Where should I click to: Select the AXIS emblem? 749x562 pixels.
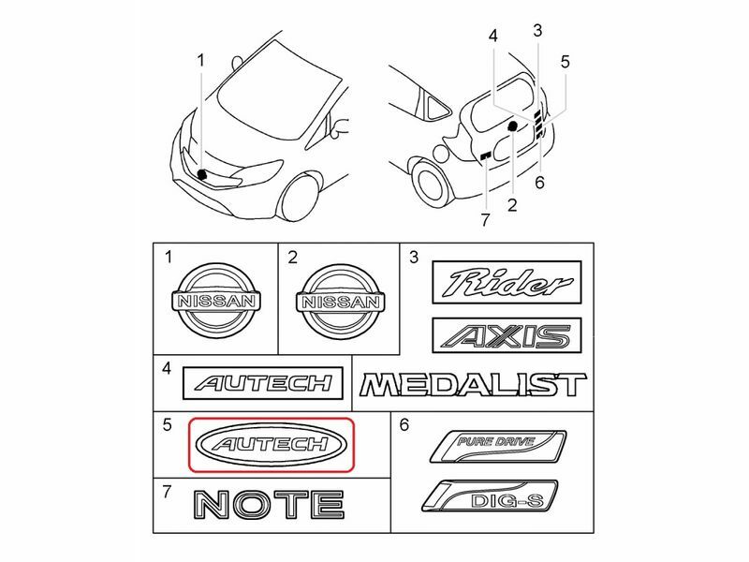pos(507,335)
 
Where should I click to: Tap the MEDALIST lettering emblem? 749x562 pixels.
pos(473,385)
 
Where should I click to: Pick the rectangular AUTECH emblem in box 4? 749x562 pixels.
pos(259,382)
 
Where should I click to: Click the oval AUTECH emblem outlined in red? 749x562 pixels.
pos(272,443)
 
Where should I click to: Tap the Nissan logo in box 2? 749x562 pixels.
pos(339,300)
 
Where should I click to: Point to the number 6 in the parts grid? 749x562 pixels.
pos(405,425)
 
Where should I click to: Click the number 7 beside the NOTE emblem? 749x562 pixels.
pos(167,492)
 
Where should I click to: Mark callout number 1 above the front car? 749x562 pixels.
pos(199,60)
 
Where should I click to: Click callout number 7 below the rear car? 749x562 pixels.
pos(485,220)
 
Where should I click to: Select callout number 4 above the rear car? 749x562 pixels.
pos(493,36)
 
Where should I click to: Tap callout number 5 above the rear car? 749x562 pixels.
pos(565,62)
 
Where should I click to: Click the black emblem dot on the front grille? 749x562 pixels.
pos(202,173)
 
